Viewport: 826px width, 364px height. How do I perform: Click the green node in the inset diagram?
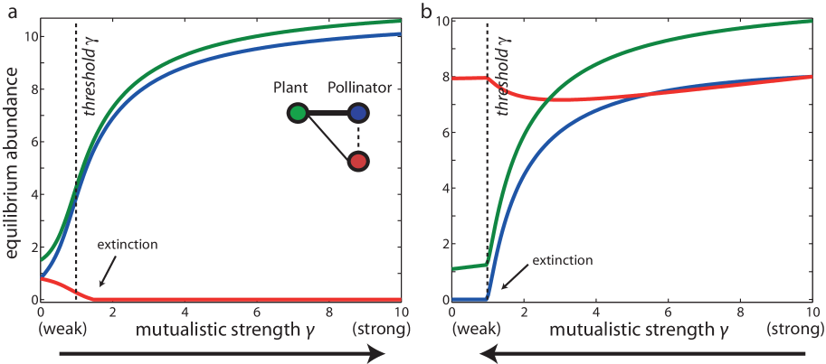point(298,113)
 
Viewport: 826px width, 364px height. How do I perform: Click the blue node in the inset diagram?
point(358,113)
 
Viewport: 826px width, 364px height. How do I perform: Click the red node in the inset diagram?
point(358,162)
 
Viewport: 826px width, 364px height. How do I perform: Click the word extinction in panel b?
point(562,260)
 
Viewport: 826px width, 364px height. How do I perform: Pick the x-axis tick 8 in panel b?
point(741,312)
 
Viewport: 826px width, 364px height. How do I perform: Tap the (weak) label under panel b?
point(474,331)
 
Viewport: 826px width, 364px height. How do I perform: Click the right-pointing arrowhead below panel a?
point(380,356)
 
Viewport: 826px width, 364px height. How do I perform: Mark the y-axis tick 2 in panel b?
point(442,244)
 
